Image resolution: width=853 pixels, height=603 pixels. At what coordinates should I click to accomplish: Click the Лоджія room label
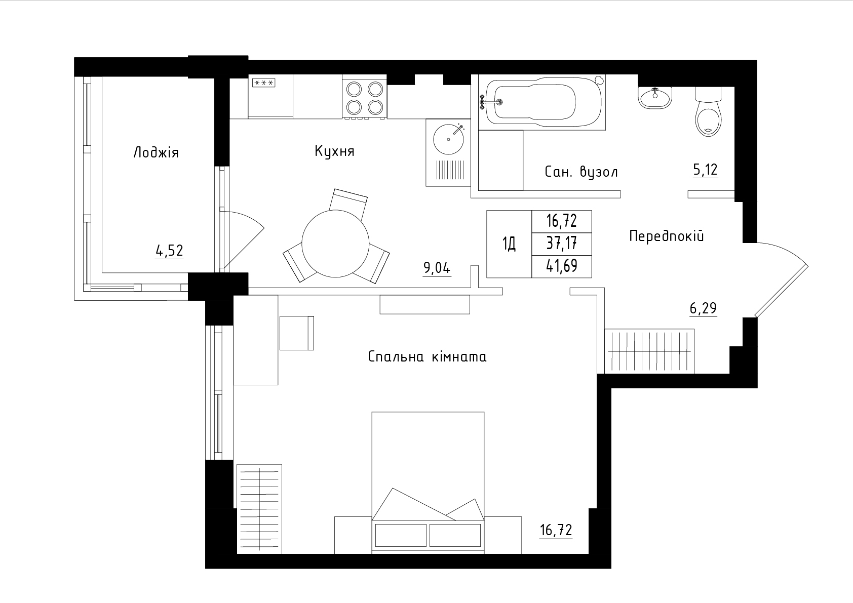click(x=156, y=153)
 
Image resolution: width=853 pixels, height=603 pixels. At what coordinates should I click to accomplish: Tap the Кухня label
click(x=334, y=151)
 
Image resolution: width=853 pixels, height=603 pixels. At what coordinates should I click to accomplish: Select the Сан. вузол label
click(x=581, y=172)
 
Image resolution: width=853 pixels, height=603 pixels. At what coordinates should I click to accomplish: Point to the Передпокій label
click(x=667, y=236)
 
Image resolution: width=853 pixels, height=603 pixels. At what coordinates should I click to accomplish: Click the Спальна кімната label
click(x=428, y=357)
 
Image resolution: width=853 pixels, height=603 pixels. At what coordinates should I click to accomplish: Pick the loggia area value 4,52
click(x=170, y=251)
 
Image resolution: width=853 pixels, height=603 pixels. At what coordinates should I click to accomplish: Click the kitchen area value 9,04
click(x=437, y=268)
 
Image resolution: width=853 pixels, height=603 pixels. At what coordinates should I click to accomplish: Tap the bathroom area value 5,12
click(x=705, y=170)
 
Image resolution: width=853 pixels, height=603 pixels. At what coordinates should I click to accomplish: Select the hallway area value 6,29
click(x=703, y=308)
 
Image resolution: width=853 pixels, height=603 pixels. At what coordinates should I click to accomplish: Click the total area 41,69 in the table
click(x=562, y=266)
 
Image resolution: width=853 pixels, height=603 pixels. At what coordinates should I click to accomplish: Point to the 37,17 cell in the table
click(x=562, y=243)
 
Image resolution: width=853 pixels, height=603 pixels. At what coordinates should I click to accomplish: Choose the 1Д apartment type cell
click(x=509, y=244)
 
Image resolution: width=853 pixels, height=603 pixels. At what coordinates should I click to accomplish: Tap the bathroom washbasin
click(x=655, y=97)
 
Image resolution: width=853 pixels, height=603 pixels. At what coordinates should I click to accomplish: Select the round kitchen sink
click(x=449, y=139)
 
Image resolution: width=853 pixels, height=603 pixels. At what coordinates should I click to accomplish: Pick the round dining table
click(x=335, y=244)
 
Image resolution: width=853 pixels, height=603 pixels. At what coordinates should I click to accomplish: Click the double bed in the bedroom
click(x=428, y=483)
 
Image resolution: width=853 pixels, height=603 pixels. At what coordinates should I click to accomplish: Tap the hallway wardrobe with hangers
click(x=650, y=351)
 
